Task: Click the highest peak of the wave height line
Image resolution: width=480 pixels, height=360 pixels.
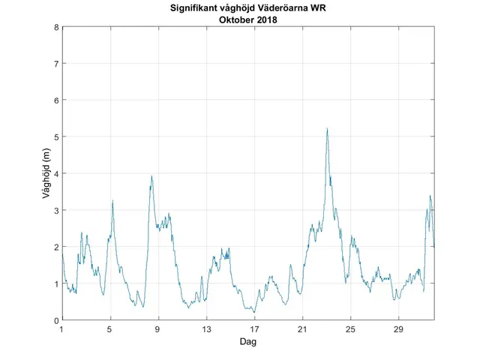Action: click(x=327, y=129)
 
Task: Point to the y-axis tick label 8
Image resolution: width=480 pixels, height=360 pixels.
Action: click(x=55, y=28)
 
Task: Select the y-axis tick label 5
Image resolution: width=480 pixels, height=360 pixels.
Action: click(x=55, y=137)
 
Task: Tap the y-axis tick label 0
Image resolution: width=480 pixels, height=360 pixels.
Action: click(x=55, y=320)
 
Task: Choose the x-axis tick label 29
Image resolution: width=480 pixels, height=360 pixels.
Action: click(x=398, y=329)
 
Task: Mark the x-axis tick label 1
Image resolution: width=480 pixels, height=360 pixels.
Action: click(x=62, y=329)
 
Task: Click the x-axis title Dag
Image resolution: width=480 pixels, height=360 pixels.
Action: click(x=248, y=341)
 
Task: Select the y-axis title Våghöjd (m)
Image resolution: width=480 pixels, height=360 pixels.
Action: click(x=46, y=174)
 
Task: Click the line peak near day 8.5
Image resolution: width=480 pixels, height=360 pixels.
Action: click(x=151, y=176)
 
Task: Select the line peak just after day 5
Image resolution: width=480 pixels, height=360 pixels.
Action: click(x=112, y=201)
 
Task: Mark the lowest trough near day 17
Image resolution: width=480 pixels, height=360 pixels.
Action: click(x=253, y=312)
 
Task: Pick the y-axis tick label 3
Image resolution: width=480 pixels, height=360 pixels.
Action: click(x=55, y=211)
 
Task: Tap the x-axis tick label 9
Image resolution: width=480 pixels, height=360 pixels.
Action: click(x=158, y=329)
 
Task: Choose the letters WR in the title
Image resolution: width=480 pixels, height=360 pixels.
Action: click(x=328, y=9)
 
